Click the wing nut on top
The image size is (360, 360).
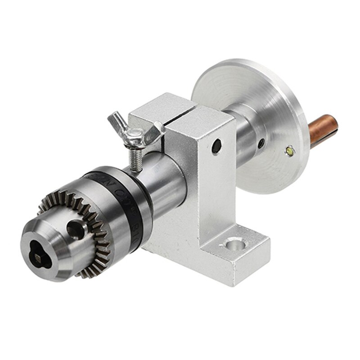135,133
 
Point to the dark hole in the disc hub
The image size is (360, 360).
261,143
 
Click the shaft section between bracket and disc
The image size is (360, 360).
243,135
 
